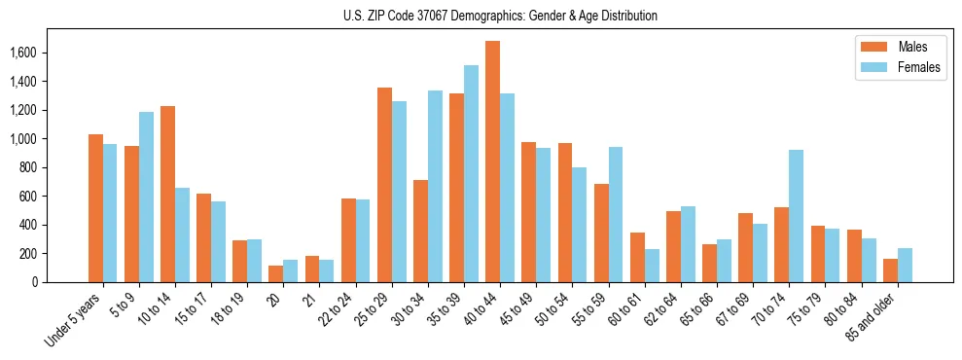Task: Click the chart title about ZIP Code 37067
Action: pos(500,16)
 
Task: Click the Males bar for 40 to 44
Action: pos(492,162)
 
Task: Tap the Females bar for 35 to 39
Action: pos(471,174)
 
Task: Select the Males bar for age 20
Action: pos(275,273)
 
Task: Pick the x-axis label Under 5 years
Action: pos(74,321)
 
